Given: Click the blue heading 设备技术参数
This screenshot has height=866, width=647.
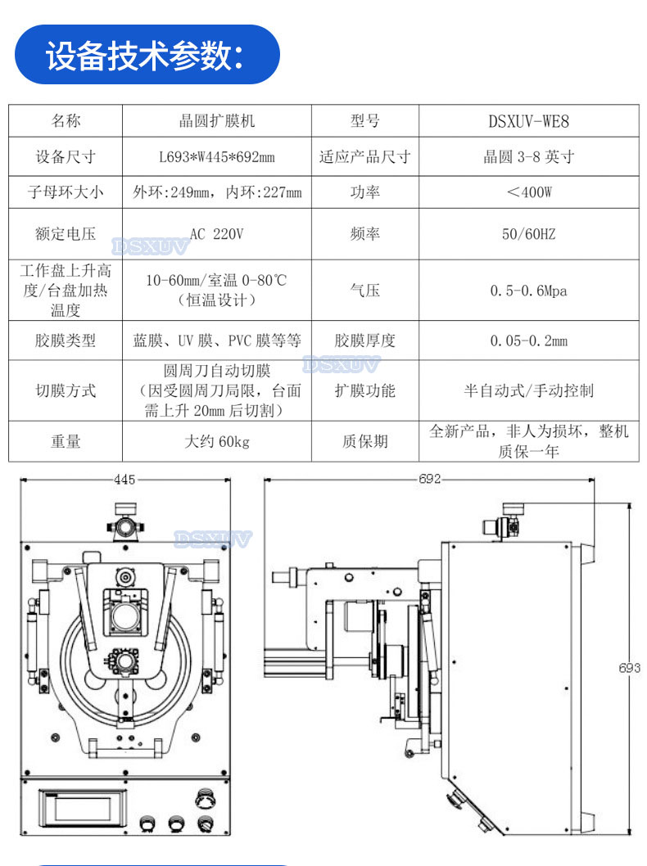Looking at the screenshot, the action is click(x=144, y=55).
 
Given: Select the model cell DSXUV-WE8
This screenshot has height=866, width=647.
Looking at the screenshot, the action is click(x=529, y=121).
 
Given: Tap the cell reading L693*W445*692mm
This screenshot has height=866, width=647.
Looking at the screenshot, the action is click(x=216, y=157).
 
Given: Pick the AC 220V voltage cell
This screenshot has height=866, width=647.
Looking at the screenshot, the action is click(x=216, y=234).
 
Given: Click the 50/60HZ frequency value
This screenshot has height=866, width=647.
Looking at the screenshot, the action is click(x=529, y=234).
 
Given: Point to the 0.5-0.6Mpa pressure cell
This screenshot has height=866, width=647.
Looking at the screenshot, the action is click(x=529, y=291).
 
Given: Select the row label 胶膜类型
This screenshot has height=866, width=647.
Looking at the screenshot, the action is click(x=66, y=341).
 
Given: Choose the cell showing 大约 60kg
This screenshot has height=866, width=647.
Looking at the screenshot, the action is click(x=216, y=441).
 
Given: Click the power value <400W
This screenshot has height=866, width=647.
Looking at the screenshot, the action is click(x=529, y=192).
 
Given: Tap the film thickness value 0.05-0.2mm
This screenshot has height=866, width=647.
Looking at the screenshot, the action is click(x=529, y=341).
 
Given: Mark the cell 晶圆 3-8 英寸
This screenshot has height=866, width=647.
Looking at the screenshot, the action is click(x=529, y=157).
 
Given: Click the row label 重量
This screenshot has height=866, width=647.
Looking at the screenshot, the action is click(x=66, y=441).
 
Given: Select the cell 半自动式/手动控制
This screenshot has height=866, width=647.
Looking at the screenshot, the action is click(x=529, y=391).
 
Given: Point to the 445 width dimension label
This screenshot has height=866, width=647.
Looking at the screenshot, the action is click(x=124, y=480).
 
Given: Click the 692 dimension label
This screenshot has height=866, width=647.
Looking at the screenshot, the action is click(x=429, y=479).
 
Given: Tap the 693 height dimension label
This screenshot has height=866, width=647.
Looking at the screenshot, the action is click(x=629, y=668).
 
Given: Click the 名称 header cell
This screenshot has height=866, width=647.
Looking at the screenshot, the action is click(x=66, y=121).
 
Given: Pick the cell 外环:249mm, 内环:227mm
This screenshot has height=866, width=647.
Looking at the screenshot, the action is click(x=216, y=192).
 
